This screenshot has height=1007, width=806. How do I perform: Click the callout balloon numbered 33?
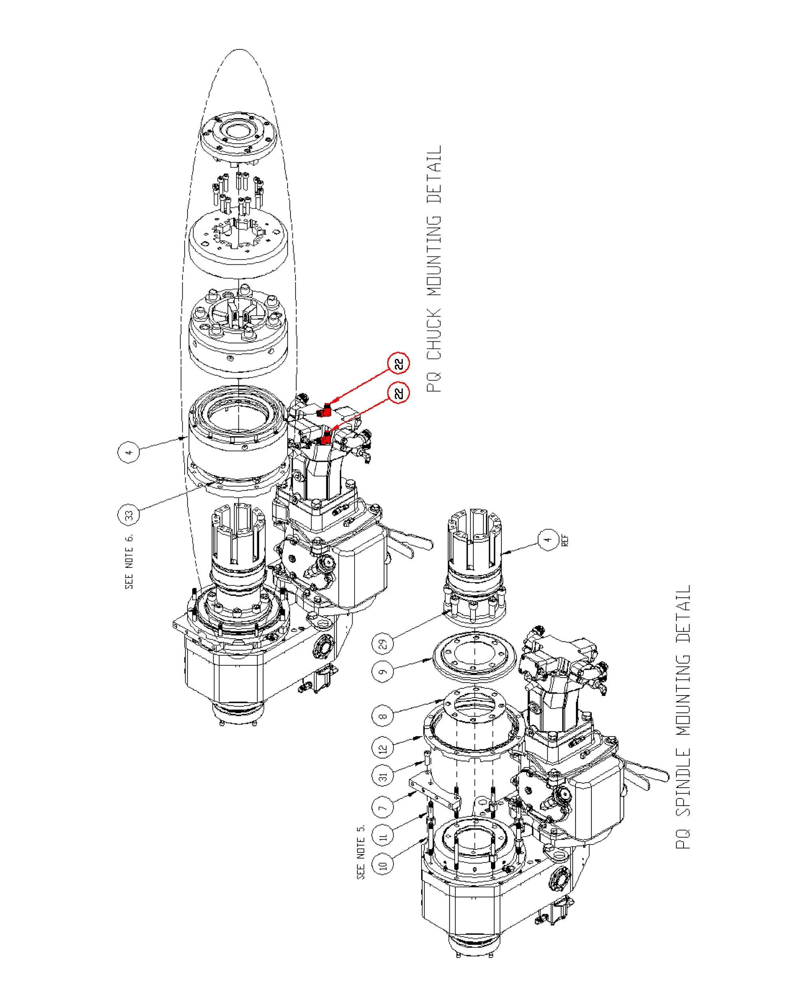[x=128, y=515]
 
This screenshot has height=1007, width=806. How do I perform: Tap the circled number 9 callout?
[x=383, y=672]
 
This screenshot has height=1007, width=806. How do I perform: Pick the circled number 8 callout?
[x=383, y=716]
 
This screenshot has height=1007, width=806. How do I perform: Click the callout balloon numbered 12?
[x=383, y=749]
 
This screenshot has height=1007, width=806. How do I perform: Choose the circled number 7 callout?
[x=383, y=808]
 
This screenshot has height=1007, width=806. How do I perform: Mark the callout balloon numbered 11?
[x=383, y=837]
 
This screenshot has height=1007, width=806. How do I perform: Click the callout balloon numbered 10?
[x=383, y=865]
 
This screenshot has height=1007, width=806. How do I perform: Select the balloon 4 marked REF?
[x=548, y=540]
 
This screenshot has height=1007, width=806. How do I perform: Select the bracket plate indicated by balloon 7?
[x=435, y=794]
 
